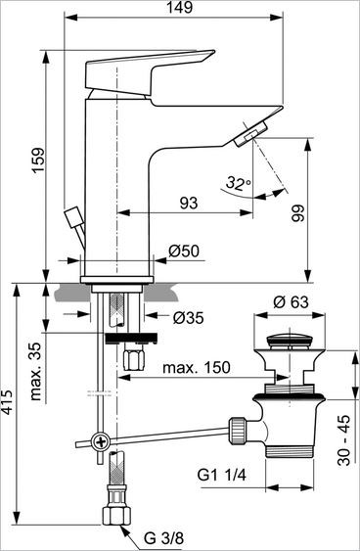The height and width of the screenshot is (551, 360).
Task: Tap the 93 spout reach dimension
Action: click(x=188, y=204)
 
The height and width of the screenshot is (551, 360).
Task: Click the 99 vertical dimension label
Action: click(x=325, y=213)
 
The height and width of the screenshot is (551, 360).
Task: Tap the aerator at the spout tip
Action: click(x=252, y=133)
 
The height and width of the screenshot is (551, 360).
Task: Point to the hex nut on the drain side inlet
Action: click(x=236, y=429)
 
